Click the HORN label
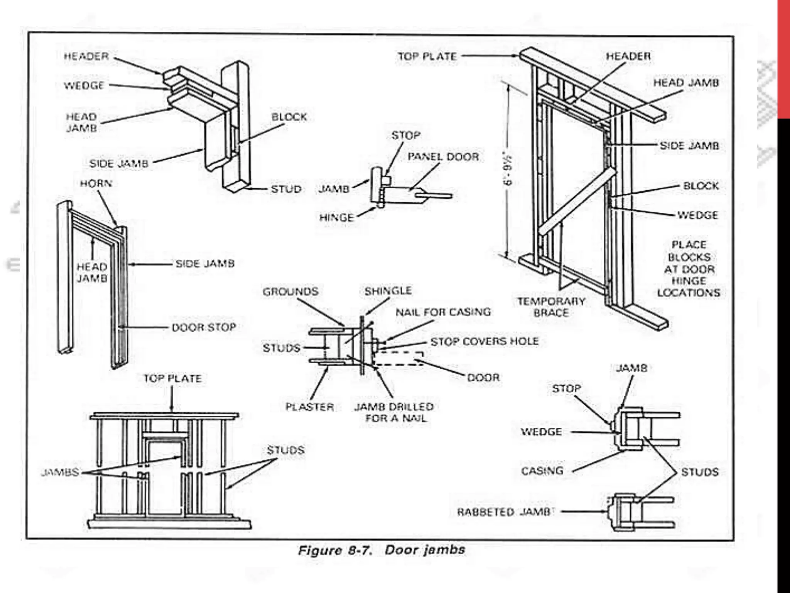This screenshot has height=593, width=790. click(x=96, y=183)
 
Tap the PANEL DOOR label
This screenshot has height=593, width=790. click(x=443, y=157)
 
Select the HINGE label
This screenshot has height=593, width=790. click(x=336, y=218)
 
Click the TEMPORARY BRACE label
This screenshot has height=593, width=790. click(x=551, y=307)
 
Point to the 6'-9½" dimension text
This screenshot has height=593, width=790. click(x=509, y=170)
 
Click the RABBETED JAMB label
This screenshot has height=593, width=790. click(x=504, y=512)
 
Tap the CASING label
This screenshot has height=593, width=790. click(x=542, y=471)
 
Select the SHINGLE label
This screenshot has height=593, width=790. click(x=388, y=291)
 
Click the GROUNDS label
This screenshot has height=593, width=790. click(x=290, y=292)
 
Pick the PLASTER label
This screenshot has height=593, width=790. click(x=309, y=407)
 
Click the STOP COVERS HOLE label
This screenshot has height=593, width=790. click(x=484, y=341)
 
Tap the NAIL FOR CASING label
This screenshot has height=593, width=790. click(x=443, y=312)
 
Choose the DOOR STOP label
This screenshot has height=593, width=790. click(x=204, y=327)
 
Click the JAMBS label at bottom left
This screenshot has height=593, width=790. click(x=60, y=472)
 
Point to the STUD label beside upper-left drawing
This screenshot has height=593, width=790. click(x=286, y=189)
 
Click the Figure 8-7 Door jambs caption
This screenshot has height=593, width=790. click(x=381, y=550)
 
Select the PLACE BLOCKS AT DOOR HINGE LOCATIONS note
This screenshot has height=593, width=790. click(x=689, y=269)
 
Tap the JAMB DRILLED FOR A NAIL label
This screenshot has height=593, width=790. click(x=394, y=412)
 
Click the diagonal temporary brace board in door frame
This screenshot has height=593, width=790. click(x=577, y=202)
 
